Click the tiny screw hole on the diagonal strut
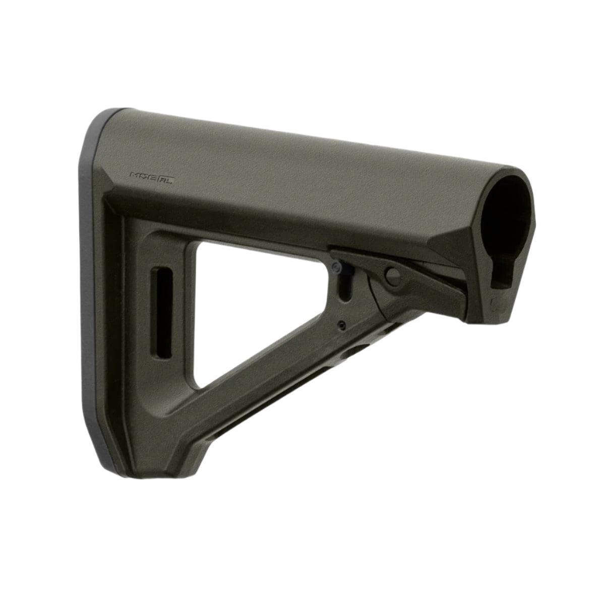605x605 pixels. point(342,324)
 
